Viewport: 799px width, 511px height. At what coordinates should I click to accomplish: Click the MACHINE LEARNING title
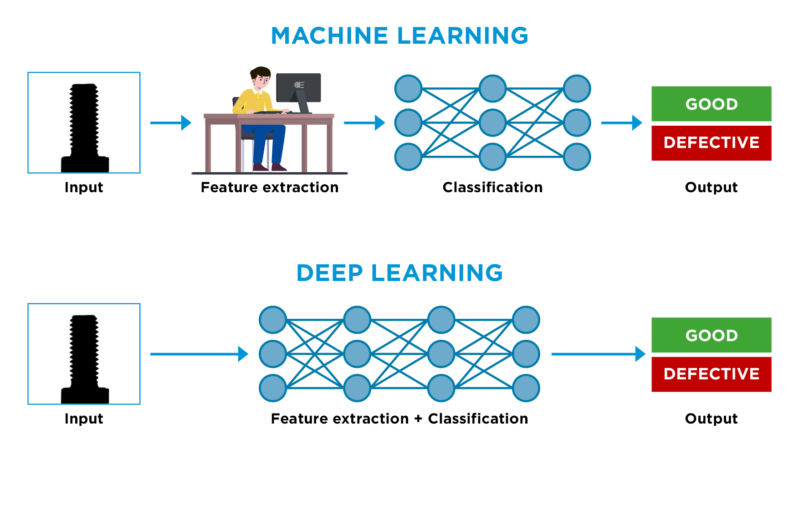(x=399, y=36)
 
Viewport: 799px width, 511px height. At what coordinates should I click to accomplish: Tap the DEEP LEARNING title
(x=399, y=273)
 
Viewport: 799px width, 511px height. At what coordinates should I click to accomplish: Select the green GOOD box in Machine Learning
(x=711, y=104)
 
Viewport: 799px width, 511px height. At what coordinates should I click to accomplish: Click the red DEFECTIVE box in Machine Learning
(x=711, y=143)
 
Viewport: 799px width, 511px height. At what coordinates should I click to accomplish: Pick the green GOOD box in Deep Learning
(x=711, y=335)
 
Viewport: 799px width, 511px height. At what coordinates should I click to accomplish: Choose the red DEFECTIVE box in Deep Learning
(x=711, y=374)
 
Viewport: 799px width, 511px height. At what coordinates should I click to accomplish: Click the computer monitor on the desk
(x=299, y=87)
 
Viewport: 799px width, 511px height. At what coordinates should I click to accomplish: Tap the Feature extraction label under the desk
(x=270, y=187)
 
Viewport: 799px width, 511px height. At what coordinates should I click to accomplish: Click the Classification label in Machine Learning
(x=492, y=187)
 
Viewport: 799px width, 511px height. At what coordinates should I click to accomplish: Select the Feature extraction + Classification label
(x=399, y=419)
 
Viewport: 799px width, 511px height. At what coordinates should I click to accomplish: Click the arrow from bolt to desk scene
(x=170, y=123)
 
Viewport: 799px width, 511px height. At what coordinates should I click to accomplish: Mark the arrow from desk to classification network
(x=364, y=123)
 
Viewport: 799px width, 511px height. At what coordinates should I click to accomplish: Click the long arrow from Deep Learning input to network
(x=199, y=354)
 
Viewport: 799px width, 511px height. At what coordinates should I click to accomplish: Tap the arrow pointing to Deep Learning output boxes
(x=598, y=354)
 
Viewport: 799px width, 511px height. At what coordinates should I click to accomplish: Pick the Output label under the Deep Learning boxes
(x=711, y=419)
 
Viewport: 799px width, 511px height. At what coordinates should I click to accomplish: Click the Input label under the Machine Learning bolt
(x=84, y=187)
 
